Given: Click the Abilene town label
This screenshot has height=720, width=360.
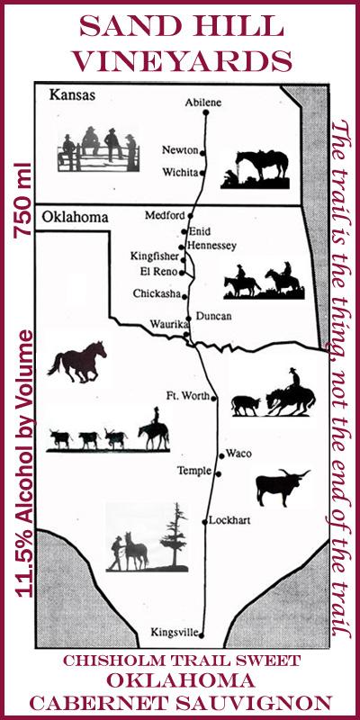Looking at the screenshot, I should tap(202, 103).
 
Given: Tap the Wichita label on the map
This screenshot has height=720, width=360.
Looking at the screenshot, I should tap(179, 171).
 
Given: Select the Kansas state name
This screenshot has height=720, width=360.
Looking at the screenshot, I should tap(72, 94).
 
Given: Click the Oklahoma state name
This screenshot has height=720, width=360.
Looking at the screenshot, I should tap(75, 217).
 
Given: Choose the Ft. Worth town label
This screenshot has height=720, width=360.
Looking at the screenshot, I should tap(187, 395).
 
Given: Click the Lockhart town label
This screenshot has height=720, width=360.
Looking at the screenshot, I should tap(232, 520).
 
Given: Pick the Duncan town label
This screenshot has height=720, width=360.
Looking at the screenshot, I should tap(213, 316).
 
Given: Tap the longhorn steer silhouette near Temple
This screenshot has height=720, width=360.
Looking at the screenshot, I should tap(280, 487).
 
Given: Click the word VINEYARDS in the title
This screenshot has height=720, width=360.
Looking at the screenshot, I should tap(183, 61).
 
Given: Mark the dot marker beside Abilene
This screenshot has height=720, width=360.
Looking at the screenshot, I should tap(206, 113).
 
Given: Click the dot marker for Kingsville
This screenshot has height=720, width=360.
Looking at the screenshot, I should tap(202, 634).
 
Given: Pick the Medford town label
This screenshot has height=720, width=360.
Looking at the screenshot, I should tap(166, 216).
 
